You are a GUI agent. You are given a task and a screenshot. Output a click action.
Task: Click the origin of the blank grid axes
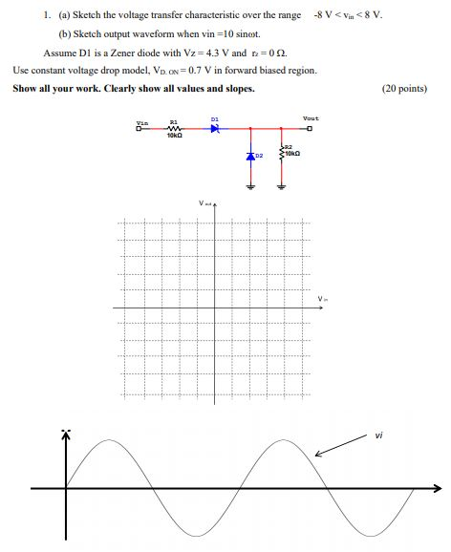(x=217, y=307)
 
